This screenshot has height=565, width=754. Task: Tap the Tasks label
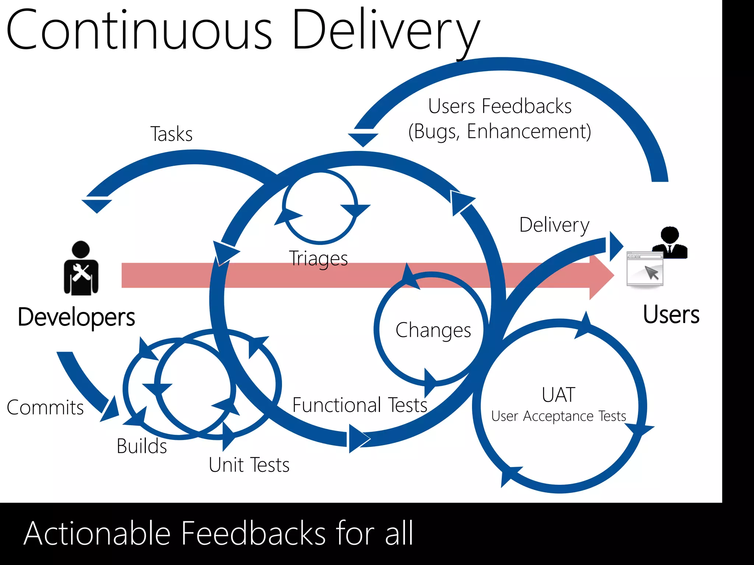point(171,134)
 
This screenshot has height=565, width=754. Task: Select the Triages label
point(318,259)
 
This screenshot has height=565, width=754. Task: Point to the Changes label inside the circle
point(433,330)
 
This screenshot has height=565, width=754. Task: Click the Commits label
point(45,408)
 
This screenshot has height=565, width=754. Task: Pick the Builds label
point(142,446)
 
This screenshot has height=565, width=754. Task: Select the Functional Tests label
point(359,405)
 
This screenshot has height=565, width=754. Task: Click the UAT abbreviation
point(558,395)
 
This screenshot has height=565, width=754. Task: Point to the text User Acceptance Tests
point(558,416)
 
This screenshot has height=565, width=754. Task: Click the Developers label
point(76,317)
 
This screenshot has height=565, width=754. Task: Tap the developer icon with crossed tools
point(81,269)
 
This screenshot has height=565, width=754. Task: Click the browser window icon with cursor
point(645,269)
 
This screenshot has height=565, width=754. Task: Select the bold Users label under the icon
point(671,315)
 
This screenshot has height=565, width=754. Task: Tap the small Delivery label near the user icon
point(554,225)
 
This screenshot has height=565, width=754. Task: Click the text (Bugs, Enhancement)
point(499,132)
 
